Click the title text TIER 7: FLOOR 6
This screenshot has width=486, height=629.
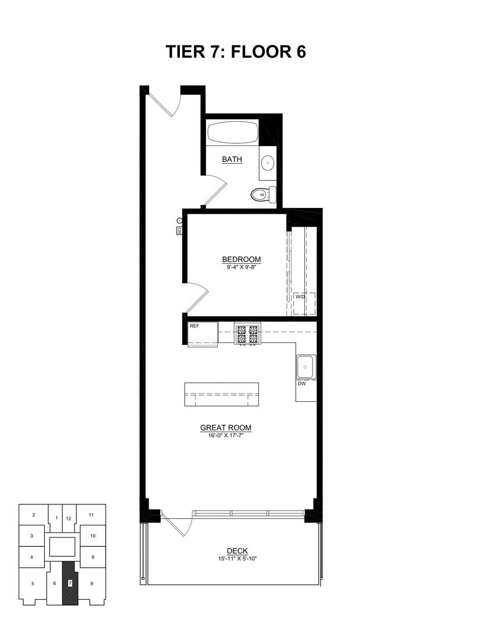[236, 52]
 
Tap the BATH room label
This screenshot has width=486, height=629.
[232, 159]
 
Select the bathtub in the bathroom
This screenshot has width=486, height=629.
[232, 133]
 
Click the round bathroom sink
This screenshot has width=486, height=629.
[268, 162]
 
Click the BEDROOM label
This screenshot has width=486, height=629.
[242, 260]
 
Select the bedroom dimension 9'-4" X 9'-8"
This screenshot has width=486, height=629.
[242, 267]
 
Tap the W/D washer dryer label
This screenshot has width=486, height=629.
[300, 296]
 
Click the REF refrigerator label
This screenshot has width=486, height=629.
[194, 326]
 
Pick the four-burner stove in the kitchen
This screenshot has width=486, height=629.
[246, 334]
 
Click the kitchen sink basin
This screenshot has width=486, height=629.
[306, 366]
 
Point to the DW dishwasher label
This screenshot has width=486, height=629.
[301, 384]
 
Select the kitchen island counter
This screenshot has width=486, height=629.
[221, 395]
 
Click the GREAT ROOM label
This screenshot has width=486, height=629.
[226, 427]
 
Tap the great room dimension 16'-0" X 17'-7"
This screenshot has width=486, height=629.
[226, 435]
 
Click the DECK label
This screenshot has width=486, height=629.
[237, 551]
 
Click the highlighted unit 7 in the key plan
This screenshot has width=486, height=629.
[69, 582]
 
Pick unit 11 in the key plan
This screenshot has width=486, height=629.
[91, 515]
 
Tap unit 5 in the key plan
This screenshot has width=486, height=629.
[33, 583]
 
